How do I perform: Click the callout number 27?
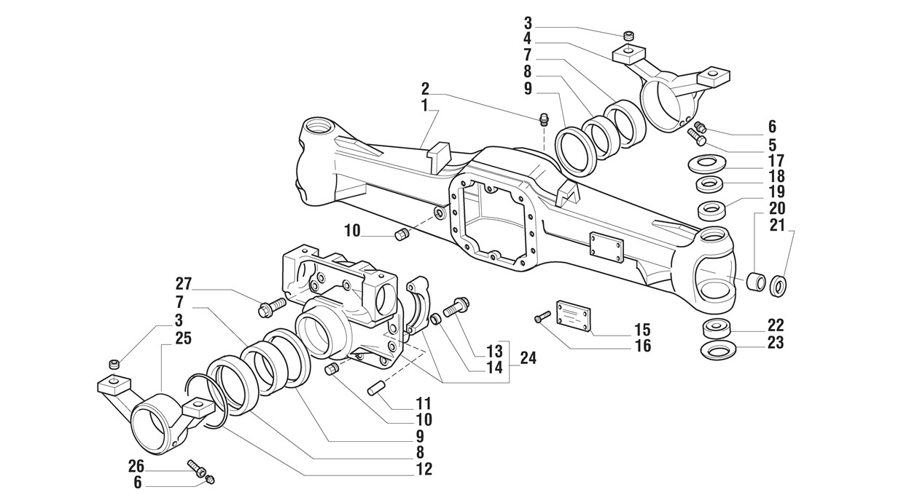click(183, 283)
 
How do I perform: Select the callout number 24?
click(528, 358)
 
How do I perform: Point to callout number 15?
click(642, 329)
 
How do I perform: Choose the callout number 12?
click(424, 470)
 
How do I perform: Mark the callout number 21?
click(777, 225)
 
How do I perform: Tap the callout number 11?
click(424, 403)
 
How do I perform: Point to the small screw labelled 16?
click(540, 317)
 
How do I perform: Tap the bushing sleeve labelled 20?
click(756, 281)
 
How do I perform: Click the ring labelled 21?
click(779, 285)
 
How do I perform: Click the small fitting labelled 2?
click(544, 119)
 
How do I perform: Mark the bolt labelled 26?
click(196, 467)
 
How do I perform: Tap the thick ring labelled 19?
click(712, 210)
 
